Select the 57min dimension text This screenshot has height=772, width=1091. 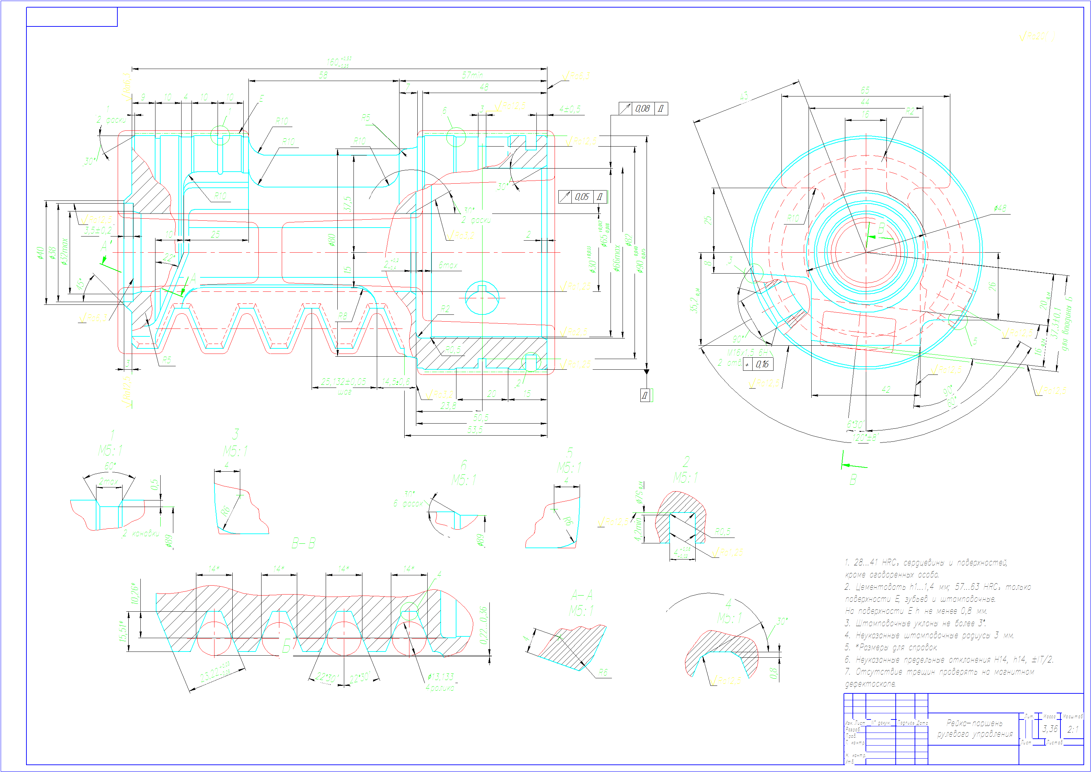[472, 75]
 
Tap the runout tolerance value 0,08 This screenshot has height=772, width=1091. [642, 109]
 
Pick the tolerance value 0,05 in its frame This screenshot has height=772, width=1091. [582, 197]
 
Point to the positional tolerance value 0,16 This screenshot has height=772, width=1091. [762, 364]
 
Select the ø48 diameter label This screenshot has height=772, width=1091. [1000, 209]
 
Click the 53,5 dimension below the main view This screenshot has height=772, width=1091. [475, 430]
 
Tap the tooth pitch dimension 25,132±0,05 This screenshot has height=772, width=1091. [344, 382]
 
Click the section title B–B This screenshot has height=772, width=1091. [303, 543]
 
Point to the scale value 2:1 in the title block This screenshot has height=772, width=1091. [1072, 729]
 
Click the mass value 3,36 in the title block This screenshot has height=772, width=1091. [1050, 728]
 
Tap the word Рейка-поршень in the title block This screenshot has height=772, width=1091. [974, 723]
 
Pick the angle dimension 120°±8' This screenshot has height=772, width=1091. [865, 437]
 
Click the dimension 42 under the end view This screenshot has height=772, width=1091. [886, 389]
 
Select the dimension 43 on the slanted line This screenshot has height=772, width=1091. [744, 96]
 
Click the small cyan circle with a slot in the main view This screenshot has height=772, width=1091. [482, 298]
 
